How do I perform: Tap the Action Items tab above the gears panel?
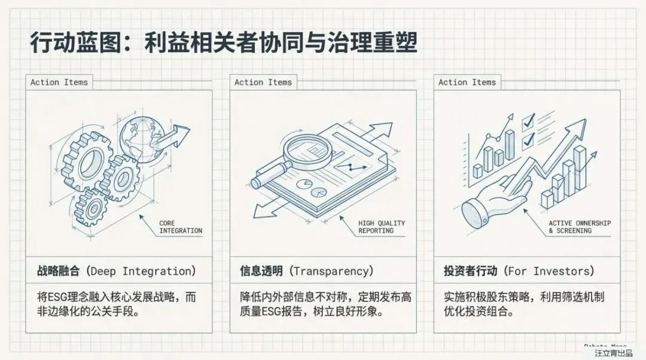coord(59,83)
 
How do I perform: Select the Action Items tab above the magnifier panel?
coord(263,83)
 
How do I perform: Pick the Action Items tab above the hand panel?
coord(467,83)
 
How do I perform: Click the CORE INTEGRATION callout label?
coord(181,227)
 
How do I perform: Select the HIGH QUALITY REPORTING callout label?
coord(382,227)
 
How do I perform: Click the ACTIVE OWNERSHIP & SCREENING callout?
coord(580,227)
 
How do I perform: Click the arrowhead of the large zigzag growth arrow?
coord(579,127)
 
